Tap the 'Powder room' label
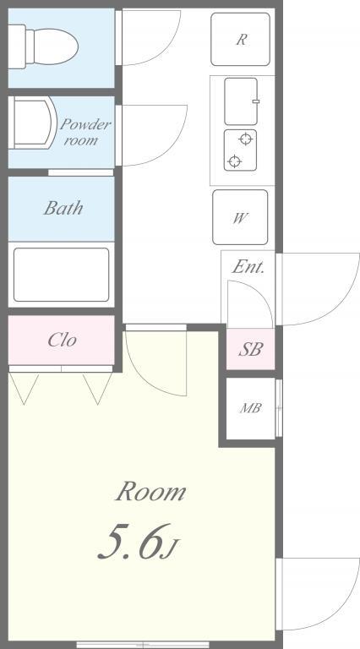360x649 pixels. coord(84,132)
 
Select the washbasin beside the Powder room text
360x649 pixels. coord(30,122)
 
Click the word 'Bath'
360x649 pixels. coord(63,208)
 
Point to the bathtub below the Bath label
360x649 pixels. coord(61,274)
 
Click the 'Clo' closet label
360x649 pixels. coord(63,340)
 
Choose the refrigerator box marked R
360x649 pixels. coord(241,39)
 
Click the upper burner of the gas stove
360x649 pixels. coord(246,139)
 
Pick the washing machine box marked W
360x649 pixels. coord(240,217)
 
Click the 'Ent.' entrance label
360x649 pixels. coord(248,268)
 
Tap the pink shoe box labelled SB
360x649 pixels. coord(250,348)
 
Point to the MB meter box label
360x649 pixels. coord(250,409)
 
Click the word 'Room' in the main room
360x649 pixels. coord(150,491)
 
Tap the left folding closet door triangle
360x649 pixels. coord(24,387)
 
